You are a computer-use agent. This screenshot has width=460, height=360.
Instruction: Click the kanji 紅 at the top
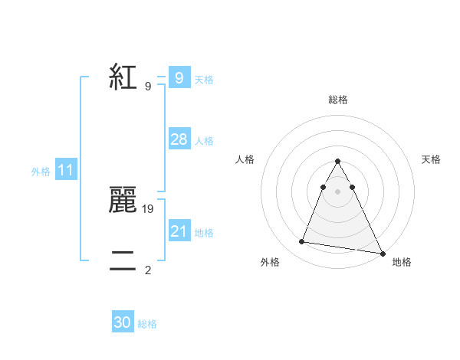tap(123, 77)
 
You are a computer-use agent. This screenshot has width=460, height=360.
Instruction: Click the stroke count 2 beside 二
tap(148, 270)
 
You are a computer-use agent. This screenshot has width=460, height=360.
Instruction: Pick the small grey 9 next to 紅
tap(148, 86)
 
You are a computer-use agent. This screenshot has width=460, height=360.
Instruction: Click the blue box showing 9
tap(179, 78)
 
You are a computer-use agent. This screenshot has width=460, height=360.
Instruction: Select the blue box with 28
tap(179, 139)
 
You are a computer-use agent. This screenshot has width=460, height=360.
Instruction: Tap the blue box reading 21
tap(179, 231)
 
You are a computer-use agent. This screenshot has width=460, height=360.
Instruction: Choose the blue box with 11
tap(66, 170)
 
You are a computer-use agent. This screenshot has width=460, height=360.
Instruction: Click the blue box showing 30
tap(123, 322)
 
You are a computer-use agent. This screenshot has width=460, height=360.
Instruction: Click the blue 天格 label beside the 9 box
tap(204, 80)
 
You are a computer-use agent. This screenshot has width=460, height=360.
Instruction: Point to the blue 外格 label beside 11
tap(41, 172)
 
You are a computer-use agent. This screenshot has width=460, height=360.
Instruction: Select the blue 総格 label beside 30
tap(148, 324)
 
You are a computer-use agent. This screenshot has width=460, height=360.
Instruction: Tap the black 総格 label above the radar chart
tap(338, 100)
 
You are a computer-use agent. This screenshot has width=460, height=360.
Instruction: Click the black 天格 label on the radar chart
tap(431, 159)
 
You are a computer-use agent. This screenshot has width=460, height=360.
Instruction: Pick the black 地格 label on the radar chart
tap(401, 262)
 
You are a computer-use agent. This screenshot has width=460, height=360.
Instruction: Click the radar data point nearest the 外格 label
tap(301, 242)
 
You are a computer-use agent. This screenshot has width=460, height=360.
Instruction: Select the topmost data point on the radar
tap(338, 162)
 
